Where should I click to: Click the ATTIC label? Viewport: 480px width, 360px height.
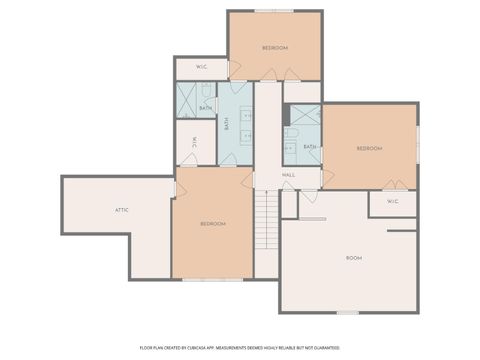pyautogui.click(x=122, y=210)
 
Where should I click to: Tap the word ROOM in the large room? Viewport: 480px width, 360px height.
pyautogui.click(x=354, y=258)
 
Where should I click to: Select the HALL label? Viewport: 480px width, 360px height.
pyautogui.click(x=288, y=175)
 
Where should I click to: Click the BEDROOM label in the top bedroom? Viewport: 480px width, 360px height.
pyautogui.click(x=275, y=48)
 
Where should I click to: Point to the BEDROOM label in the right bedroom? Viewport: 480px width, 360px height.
pyautogui.click(x=370, y=148)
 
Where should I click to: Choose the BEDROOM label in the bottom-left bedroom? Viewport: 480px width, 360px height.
pyautogui.click(x=212, y=223)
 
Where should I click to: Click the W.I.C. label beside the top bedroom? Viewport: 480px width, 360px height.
pyautogui.click(x=201, y=68)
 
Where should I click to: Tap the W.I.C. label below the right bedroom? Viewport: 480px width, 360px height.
pyautogui.click(x=392, y=201)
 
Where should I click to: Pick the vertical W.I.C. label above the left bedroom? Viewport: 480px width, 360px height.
pyautogui.click(x=195, y=142)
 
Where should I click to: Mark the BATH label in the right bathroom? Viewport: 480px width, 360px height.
pyautogui.click(x=310, y=146)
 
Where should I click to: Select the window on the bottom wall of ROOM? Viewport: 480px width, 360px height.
pyautogui.click(x=347, y=312)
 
